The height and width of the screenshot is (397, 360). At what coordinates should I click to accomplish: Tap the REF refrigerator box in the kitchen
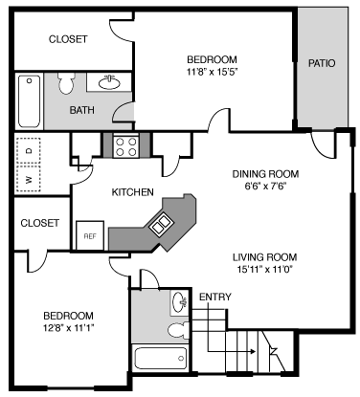click(x=90, y=235)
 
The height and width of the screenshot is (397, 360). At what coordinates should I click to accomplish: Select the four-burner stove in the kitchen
click(x=125, y=145)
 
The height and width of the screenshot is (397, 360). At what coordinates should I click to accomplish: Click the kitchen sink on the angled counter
click(x=158, y=225)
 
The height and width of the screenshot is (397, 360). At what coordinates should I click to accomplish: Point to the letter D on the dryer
click(x=30, y=150)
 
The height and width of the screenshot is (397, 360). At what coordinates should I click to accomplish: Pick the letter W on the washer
click(x=30, y=178)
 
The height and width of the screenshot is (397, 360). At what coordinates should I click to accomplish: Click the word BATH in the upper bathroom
click(x=81, y=110)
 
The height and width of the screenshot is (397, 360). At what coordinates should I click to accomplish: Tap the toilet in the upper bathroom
click(x=65, y=84)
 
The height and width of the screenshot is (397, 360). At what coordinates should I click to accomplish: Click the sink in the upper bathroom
click(x=107, y=82)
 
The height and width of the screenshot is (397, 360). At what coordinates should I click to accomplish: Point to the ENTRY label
click(x=214, y=297)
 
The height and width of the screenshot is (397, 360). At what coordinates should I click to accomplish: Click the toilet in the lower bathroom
click(x=176, y=330)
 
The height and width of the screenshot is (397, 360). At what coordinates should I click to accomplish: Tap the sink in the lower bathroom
click(x=179, y=303)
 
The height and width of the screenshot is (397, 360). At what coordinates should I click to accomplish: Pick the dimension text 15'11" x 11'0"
click(x=264, y=270)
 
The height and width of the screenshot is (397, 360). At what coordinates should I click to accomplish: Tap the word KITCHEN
click(x=133, y=192)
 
